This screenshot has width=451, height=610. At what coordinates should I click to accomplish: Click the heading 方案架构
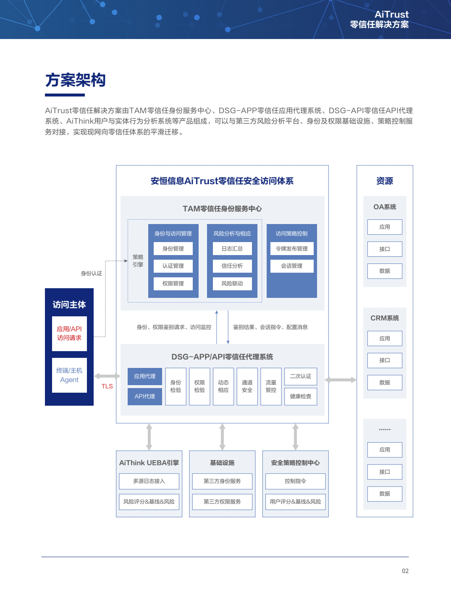[x=76, y=80]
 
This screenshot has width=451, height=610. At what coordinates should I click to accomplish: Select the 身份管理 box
[x=173, y=248]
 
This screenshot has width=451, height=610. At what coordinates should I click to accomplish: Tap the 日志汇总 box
[x=232, y=248]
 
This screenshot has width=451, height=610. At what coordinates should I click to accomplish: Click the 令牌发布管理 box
[x=292, y=248]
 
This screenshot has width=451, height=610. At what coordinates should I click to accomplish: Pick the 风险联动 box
[x=232, y=284]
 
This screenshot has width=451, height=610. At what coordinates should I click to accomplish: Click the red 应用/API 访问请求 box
[x=69, y=334]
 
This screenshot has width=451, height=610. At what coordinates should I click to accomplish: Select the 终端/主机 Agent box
[x=69, y=375]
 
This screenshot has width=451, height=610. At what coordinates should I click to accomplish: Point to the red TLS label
[x=107, y=386]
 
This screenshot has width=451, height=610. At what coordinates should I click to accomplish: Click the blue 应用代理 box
[x=145, y=376]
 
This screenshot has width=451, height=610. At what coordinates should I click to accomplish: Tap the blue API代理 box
[x=145, y=396]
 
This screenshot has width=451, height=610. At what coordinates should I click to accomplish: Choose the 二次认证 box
[x=301, y=376]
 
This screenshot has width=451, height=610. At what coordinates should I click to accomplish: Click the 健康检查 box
[x=301, y=396]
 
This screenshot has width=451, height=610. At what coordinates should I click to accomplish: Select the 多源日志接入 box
[x=149, y=481]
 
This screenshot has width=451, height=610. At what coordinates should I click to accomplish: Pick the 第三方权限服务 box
[x=222, y=502]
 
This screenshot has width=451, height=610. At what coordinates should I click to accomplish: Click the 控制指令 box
[x=295, y=481]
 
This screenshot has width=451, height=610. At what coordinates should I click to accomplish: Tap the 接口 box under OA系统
[x=385, y=249]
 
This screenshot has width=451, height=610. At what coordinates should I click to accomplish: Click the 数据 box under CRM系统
[x=385, y=383]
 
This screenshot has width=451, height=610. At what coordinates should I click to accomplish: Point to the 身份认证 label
[x=92, y=274]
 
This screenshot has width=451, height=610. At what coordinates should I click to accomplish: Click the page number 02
[x=405, y=571]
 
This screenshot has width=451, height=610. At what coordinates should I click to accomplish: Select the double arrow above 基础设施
[x=223, y=437]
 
